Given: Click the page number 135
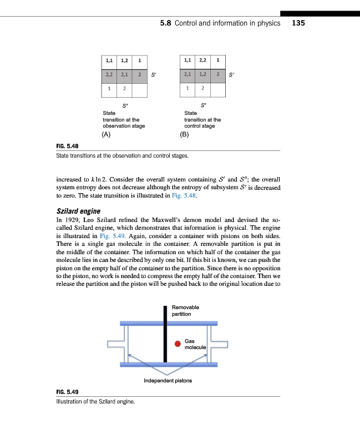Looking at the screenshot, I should [x=298, y=23].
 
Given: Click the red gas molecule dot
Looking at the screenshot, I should [x=178, y=344].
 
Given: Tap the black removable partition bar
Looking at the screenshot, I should [x=165, y=333].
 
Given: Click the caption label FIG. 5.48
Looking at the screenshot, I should [x=68, y=146].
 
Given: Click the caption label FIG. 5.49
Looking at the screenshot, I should [x=68, y=392].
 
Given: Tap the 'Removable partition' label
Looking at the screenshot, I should [x=185, y=310].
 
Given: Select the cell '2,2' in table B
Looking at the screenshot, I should [x=204, y=60].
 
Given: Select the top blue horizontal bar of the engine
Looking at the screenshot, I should [x=169, y=323].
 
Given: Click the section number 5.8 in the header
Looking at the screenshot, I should [x=166, y=23].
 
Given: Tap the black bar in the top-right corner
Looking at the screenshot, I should [x=320, y=13].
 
